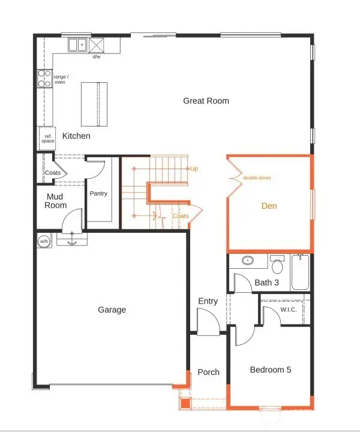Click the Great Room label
click(x=206, y=101)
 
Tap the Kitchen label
click(x=76, y=136)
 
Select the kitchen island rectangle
click(x=95, y=103)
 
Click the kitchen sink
click(x=77, y=45)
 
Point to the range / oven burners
click(x=46, y=79)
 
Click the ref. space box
click(x=47, y=138)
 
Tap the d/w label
click(x=96, y=57)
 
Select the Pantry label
click(x=98, y=194)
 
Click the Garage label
click(x=112, y=310)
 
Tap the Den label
click(x=269, y=206)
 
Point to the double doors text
click(x=257, y=178)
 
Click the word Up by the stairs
click(x=194, y=169)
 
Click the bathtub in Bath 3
click(x=299, y=273)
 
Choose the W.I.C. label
click(x=289, y=310)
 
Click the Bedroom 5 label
click(x=271, y=370)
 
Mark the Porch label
click(x=208, y=372)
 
